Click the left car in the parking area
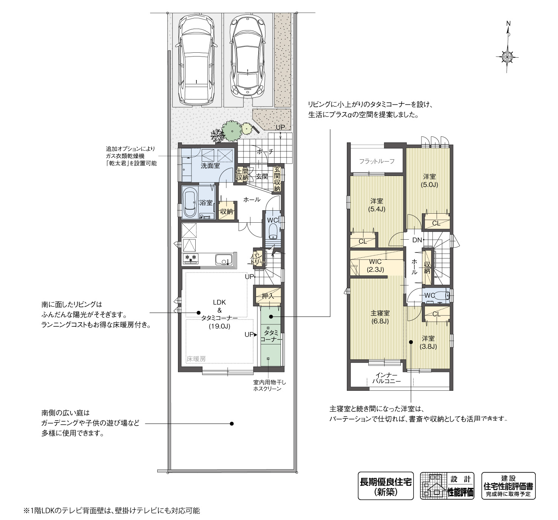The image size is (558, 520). (x=196, y=60)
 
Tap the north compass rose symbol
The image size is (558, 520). (x=507, y=57)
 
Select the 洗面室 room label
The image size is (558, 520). (x=210, y=165)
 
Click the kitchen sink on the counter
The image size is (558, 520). (x=224, y=260)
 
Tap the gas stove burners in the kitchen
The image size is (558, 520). (x=190, y=258)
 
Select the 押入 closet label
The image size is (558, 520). (x=268, y=296)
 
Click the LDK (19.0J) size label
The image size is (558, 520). (x=219, y=326)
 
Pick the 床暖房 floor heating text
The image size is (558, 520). (x=196, y=359)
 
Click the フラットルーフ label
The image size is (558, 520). (x=377, y=161)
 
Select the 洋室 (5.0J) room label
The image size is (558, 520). (x=429, y=180)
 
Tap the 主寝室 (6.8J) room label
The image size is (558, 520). (x=380, y=317)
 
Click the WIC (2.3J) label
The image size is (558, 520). (x=375, y=265)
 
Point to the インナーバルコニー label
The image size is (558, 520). (x=386, y=378)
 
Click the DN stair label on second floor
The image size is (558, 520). (x=417, y=240)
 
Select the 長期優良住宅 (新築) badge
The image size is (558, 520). (x=386, y=486)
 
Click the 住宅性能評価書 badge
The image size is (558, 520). (x=508, y=486)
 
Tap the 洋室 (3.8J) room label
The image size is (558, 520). (x=428, y=343)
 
